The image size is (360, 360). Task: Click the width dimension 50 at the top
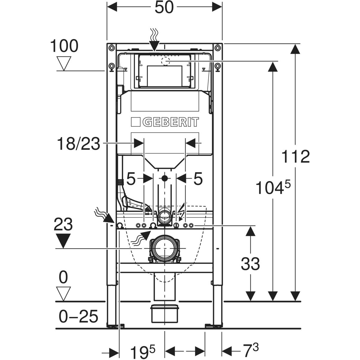164,7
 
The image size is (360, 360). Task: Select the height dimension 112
295,156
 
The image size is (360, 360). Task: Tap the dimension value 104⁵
273,188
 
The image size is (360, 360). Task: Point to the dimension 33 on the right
250,264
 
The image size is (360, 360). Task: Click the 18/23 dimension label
78,144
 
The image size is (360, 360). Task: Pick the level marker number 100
64,46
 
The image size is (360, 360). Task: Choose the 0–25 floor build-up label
78,316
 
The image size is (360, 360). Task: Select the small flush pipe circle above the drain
164,215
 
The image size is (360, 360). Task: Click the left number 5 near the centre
131,179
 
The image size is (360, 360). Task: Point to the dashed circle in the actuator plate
165,61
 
